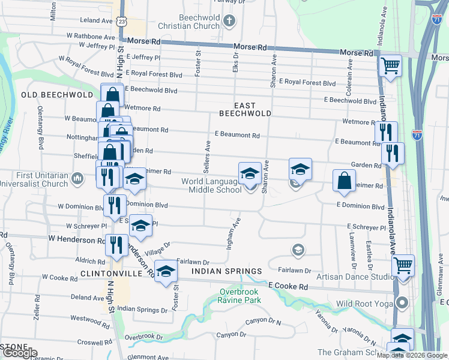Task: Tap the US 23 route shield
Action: [122, 21]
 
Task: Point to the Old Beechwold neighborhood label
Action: [57, 95]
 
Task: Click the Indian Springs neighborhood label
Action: [227, 271]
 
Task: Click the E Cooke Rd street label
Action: [288, 287]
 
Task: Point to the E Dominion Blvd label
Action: [360, 206]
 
